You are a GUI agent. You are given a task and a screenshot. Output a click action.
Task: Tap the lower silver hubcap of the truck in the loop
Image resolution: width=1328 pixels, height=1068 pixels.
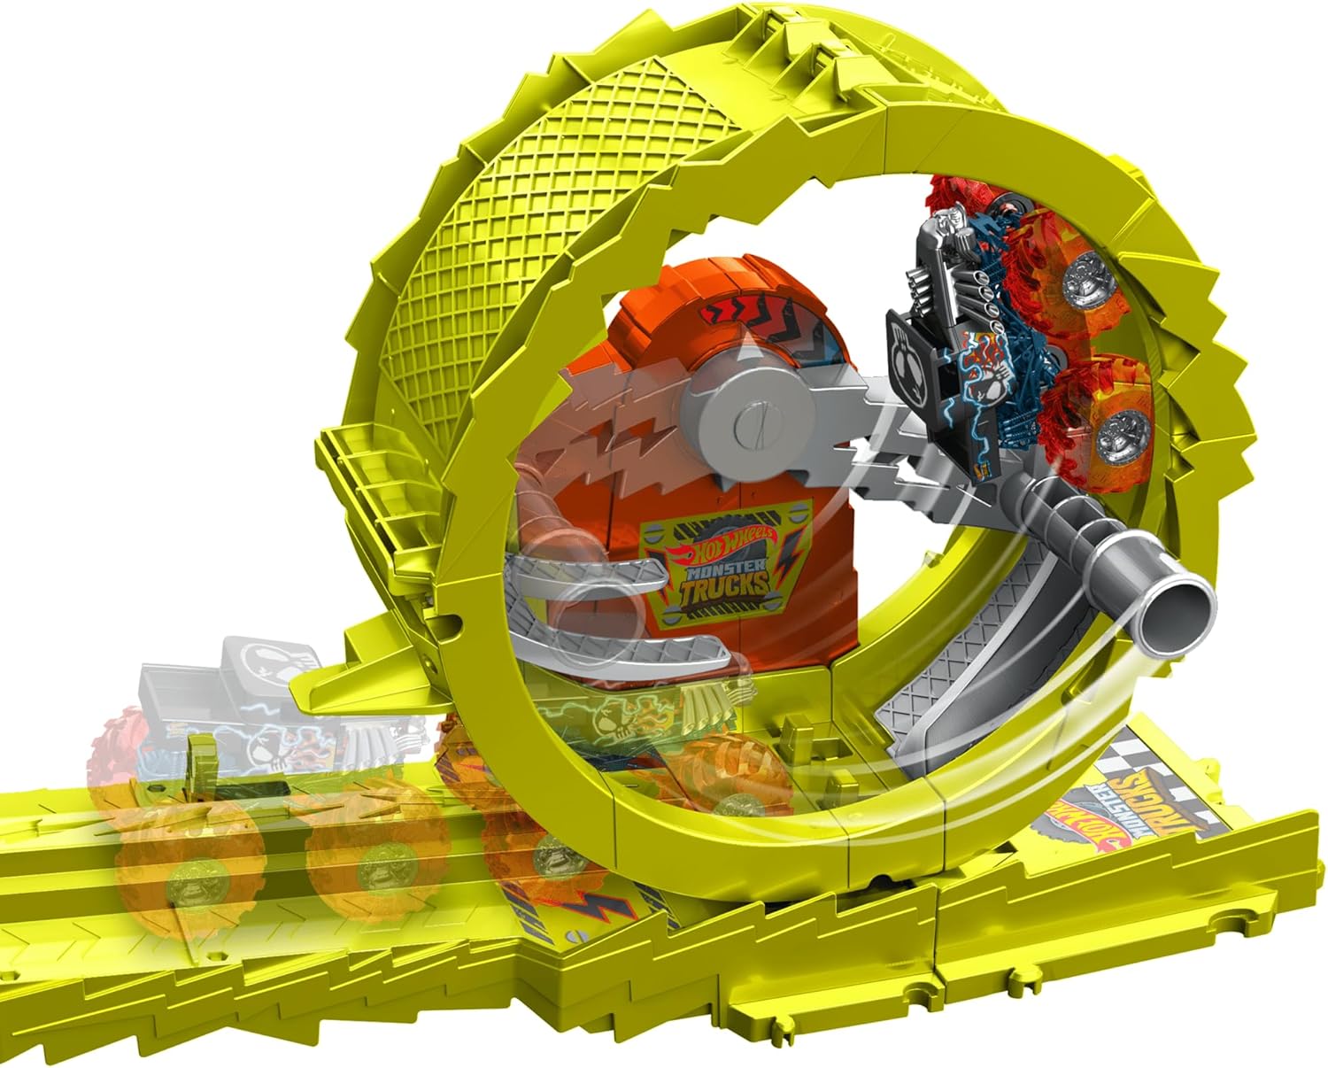(1118, 437)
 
